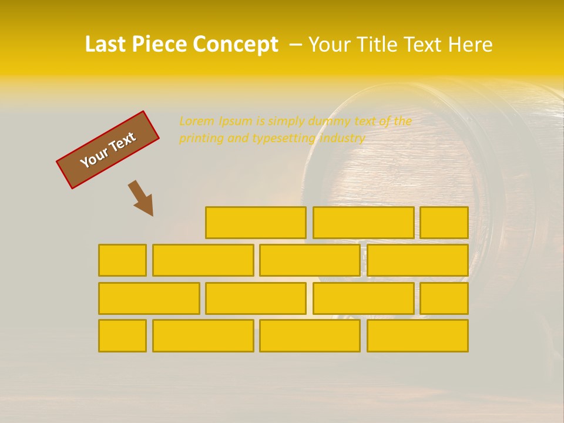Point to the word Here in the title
[x=470, y=45]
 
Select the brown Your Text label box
[x=108, y=150]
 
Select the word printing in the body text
[x=199, y=139]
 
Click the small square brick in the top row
[x=444, y=223]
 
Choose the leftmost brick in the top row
[x=256, y=223]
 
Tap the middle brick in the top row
[x=363, y=223]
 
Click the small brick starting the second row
[x=122, y=260]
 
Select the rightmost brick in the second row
[x=417, y=260]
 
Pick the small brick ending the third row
[x=444, y=298]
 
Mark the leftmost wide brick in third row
[x=149, y=298]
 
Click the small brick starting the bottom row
[x=122, y=335]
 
